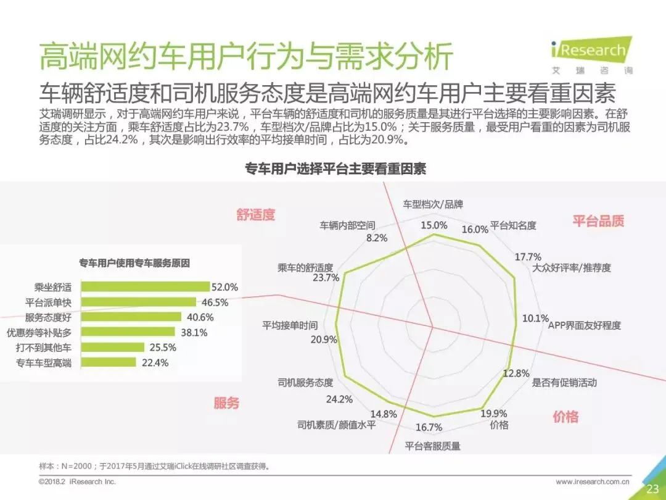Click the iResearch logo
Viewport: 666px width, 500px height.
click(x=591, y=56)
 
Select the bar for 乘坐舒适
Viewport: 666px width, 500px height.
click(x=146, y=287)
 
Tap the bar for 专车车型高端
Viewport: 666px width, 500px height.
click(x=109, y=363)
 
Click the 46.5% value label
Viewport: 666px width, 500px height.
click(x=215, y=302)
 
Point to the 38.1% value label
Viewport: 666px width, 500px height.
click(x=194, y=333)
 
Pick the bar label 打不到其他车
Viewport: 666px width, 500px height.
click(x=44, y=348)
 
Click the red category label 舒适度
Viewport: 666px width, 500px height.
click(x=256, y=215)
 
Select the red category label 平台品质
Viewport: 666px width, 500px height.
click(x=598, y=221)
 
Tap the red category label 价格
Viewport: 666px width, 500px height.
click(x=565, y=417)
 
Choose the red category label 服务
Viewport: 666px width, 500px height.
click(x=226, y=402)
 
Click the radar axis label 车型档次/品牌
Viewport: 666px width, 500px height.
click(x=433, y=204)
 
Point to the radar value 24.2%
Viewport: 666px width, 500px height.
click(x=339, y=399)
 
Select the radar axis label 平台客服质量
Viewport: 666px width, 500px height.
click(x=432, y=446)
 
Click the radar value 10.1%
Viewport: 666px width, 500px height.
click(x=535, y=319)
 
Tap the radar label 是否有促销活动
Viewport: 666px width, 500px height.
click(x=564, y=383)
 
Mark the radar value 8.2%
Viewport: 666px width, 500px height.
click(x=377, y=238)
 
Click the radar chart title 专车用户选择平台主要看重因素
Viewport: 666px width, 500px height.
click(x=335, y=169)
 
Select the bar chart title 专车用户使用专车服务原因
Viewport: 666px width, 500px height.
click(x=134, y=263)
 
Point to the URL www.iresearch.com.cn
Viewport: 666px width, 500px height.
click(x=593, y=481)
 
